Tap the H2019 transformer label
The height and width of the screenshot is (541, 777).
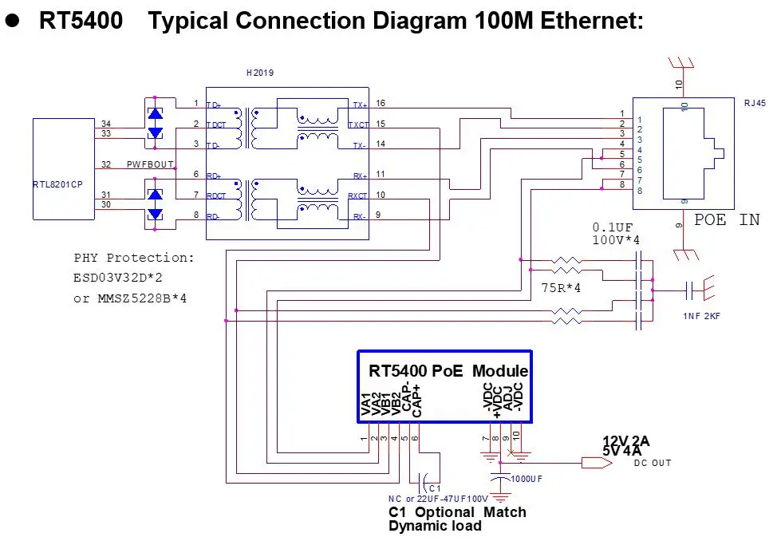coord(260,73)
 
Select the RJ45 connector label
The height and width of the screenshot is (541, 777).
coord(754,102)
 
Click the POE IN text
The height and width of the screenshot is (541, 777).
coord(726,220)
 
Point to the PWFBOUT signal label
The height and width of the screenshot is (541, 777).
coord(151,165)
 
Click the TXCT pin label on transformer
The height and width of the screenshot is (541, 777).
coord(358,124)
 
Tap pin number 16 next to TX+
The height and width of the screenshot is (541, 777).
coord(381,104)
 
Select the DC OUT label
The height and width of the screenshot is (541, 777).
coord(653,463)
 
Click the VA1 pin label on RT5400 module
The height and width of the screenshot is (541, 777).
coord(365,406)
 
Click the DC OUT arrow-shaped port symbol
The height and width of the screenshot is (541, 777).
coord(592,462)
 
